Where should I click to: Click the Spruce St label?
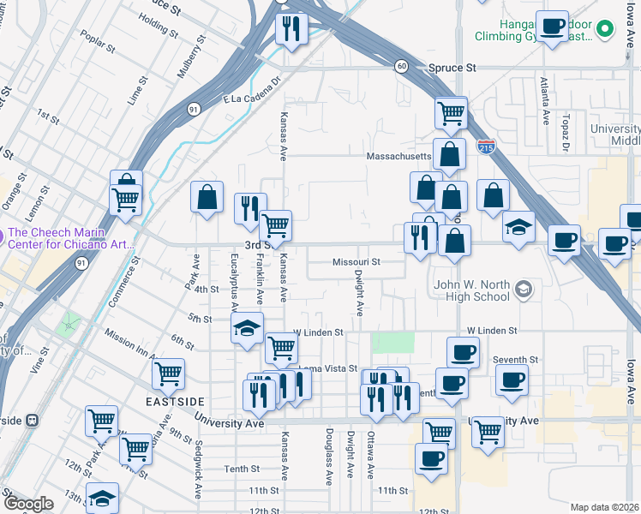[x=458, y=67]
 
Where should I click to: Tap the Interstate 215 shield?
[x=486, y=147]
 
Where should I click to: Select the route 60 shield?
[x=401, y=67]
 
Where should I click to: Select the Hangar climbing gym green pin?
[x=605, y=30]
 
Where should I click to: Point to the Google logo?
[x=28, y=504]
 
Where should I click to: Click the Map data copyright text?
[x=604, y=507]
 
